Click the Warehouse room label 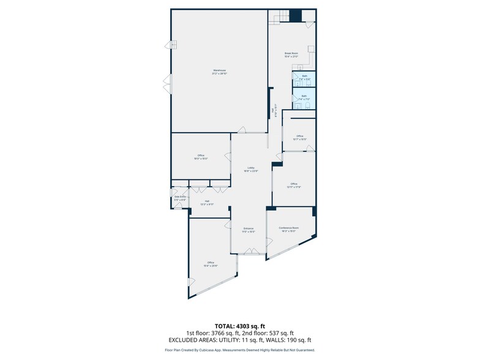point(219,71)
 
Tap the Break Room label point(291,53)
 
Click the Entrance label point(248,229)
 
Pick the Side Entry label point(180,197)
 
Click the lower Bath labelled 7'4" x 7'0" point(304,96)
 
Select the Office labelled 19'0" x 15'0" point(201,156)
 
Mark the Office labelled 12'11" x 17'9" point(294,184)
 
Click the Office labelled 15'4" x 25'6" point(211,263)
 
